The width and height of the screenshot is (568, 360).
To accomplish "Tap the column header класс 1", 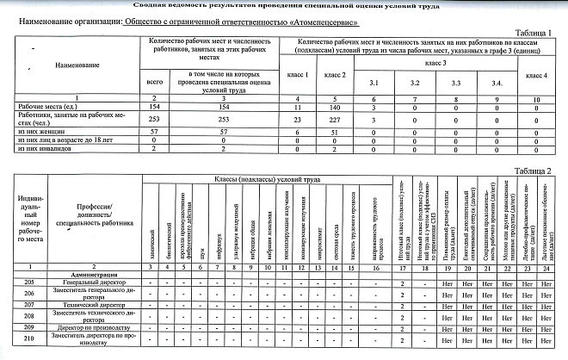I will point(296,77).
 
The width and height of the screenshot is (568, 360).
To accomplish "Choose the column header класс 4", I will point(537,77).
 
